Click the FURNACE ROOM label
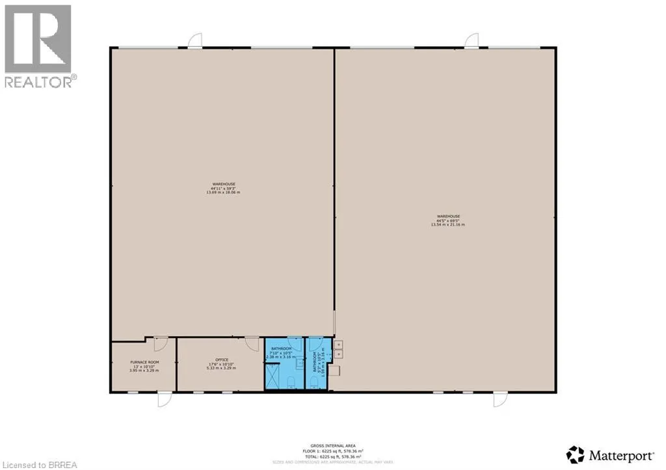click(x=144, y=362)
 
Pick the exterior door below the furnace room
click(x=165, y=398)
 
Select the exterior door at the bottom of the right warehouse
click(x=499, y=398)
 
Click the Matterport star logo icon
click(x=575, y=454)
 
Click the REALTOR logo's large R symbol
click(x=37, y=38)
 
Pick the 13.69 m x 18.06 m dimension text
click(x=223, y=192)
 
